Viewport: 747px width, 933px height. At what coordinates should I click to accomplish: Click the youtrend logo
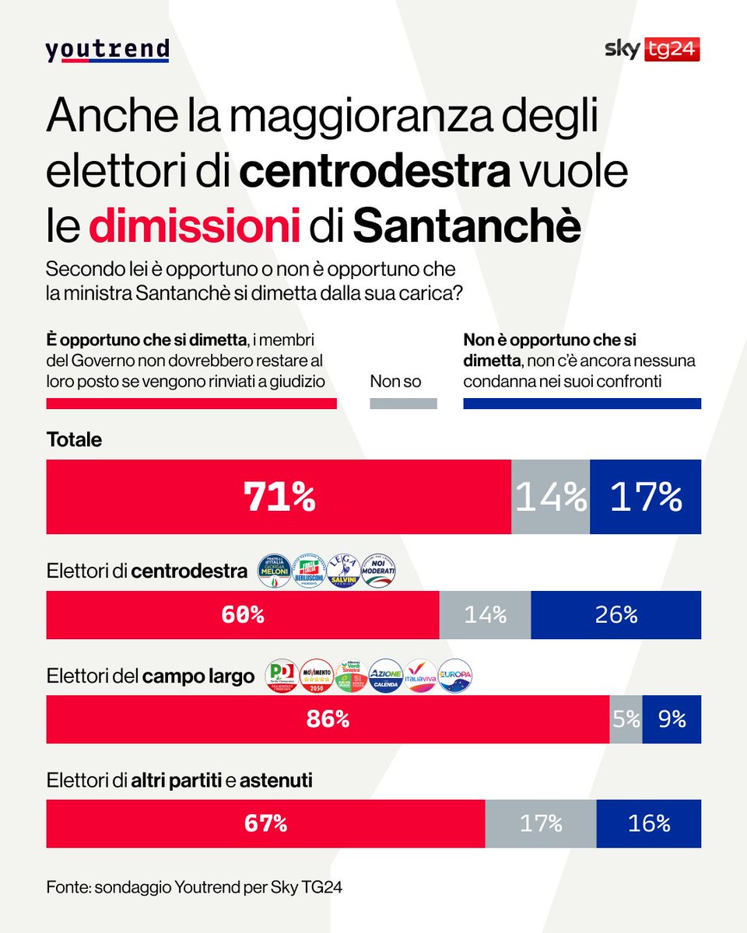pyautogui.click(x=107, y=51)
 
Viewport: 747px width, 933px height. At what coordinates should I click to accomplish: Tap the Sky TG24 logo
pyautogui.click(x=652, y=50)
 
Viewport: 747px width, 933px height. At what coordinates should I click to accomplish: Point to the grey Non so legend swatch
pyautogui.click(x=402, y=404)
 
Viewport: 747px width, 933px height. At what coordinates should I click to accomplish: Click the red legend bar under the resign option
pyautogui.click(x=191, y=404)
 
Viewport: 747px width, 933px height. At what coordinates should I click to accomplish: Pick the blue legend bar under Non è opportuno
pyautogui.click(x=581, y=404)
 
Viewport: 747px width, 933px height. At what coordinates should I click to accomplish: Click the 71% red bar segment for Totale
pyautogui.click(x=279, y=497)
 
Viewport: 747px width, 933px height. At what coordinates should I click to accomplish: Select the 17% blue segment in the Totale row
pyautogui.click(x=645, y=497)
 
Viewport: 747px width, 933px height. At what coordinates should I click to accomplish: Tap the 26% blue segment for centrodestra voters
pyautogui.click(x=615, y=615)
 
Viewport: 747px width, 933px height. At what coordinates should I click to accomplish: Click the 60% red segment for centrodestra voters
pyautogui.click(x=243, y=615)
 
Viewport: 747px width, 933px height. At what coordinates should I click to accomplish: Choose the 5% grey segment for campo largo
pyautogui.click(x=626, y=719)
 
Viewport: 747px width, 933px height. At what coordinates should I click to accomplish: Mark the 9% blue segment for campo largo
pyautogui.click(x=671, y=719)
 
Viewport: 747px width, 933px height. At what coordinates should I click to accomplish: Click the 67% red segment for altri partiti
pyautogui.click(x=265, y=823)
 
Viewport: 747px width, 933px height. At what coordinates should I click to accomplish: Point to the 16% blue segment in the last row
pyautogui.click(x=648, y=823)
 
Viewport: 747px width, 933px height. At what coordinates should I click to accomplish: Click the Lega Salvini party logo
pyautogui.click(x=345, y=571)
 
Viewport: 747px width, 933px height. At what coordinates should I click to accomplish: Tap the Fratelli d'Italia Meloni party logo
pyautogui.click(x=273, y=571)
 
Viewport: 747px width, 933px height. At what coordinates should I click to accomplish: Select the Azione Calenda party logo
pyautogui.click(x=385, y=676)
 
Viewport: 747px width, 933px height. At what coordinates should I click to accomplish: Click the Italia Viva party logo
pyautogui.click(x=421, y=676)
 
